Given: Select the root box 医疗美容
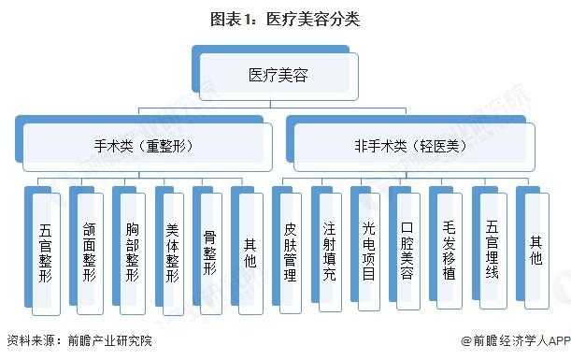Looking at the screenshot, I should click(278, 74).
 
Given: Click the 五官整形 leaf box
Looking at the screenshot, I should click(46, 251).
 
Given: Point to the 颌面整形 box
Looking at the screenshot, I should click(86, 251).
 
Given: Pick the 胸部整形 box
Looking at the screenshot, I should click(130, 251).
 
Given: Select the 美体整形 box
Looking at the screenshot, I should click(172, 251).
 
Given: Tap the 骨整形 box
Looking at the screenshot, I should click(210, 251).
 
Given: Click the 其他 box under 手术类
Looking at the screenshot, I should click(249, 251).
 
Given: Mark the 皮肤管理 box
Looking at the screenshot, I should click(290, 251).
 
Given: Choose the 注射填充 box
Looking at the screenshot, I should click(329, 251).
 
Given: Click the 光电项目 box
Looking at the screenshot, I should click(368, 251).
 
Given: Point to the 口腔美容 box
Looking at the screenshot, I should click(407, 251).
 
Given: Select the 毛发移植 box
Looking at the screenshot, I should click(448, 251).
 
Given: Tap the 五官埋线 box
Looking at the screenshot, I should click(492, 251).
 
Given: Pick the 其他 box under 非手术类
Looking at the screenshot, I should click(535, 251).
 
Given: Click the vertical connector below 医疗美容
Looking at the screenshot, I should click(278, 104).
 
